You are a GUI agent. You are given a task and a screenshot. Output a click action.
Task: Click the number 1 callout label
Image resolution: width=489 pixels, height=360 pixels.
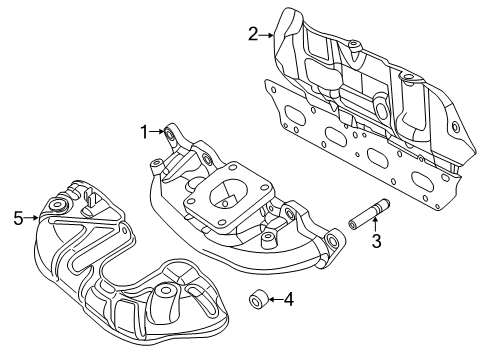pos(144,131)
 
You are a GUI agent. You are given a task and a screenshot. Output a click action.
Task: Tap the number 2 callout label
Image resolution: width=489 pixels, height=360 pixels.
pos(253,34)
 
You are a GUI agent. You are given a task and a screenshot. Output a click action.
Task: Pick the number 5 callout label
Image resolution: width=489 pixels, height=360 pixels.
pos(17,215)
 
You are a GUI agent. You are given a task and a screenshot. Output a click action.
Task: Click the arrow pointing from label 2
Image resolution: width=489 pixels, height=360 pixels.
pos(267,35)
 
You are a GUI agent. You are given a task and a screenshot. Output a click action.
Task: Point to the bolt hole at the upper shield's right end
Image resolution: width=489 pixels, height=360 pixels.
pos(455,127)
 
